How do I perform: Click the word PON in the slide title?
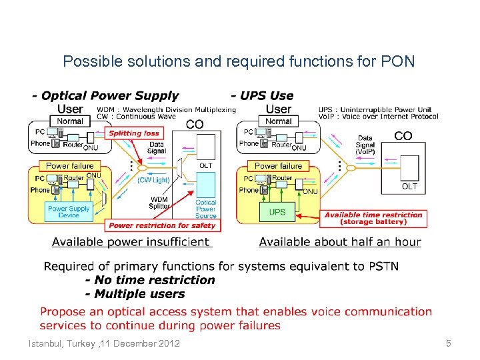(399, 62)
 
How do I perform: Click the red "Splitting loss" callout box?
(134, 133)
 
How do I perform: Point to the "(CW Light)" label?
(153, 180)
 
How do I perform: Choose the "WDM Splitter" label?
(159, 203)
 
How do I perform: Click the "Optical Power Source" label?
(205, 209)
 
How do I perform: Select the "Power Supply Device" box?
(68, 211)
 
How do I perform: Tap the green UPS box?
(277, 212)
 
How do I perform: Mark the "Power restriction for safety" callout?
(162, 225)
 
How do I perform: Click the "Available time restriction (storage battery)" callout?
(373, 218)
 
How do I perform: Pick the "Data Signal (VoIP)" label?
(365, 145)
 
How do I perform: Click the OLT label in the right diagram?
(409, 187)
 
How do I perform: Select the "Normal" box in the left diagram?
(70, 121)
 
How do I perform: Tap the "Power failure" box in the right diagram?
(278, 165)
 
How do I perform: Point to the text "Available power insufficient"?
(131, 241)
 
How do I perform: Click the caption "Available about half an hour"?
(340, 241)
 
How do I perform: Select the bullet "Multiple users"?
(139, 294)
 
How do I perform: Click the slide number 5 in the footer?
(448, 343)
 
